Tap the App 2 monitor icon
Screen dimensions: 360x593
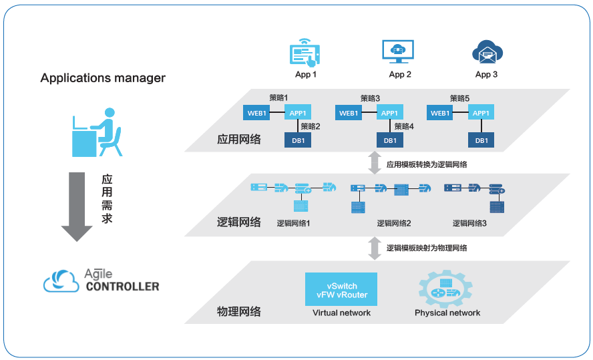(398, 52)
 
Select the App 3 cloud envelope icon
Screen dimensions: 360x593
(486, 52)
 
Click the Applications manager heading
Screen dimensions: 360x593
(103, 78)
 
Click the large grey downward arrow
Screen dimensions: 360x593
(77, 206)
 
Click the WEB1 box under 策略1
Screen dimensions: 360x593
(258, 113)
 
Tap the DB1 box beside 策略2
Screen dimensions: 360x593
(298, 140)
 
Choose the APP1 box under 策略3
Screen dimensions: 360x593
(390, 113)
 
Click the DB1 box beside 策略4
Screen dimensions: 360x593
(390, 140)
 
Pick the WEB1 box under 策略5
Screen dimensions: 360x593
(440, 113)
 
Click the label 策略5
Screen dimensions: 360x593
(460, 98)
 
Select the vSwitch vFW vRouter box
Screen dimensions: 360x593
(341, 290)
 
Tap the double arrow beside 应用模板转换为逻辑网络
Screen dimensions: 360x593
(375, 163)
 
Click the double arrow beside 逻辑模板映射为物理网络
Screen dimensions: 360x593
(375, 248)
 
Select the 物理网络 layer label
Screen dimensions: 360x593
(238, 312)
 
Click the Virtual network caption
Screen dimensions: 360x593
(341, 313)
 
